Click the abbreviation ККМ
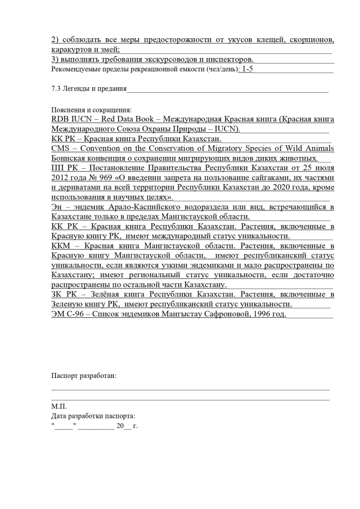(x=61, y=246)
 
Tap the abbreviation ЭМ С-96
(x=70, y=314)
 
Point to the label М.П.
(x=58, y=406)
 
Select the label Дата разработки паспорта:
(x=93, y=416)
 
